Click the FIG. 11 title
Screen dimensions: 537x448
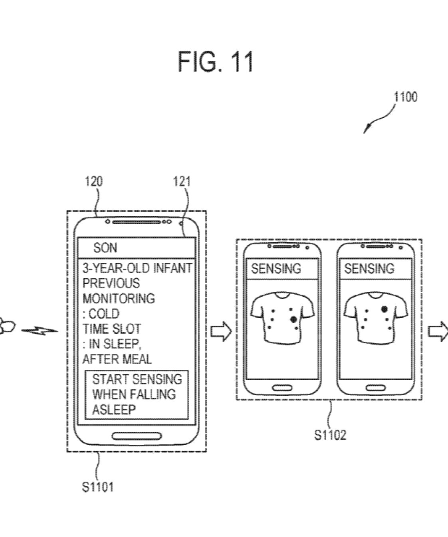216,62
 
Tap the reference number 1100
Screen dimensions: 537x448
405,97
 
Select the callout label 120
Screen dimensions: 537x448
93,182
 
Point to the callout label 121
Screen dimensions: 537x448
182,182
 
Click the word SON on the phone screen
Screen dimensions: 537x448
105,248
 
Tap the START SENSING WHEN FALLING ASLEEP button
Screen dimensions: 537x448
136,394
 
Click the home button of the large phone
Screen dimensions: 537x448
136,436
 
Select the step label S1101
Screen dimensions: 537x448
98,487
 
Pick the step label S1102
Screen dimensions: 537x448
330,435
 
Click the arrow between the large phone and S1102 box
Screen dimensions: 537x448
221,331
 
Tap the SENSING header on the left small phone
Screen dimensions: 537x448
276,269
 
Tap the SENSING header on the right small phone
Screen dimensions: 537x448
369,269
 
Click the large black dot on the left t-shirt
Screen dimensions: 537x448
293,319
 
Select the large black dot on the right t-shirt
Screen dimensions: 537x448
384,309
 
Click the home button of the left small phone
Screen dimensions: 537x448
282,388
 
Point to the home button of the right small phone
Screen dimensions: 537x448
375,388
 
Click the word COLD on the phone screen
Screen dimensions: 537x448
104,313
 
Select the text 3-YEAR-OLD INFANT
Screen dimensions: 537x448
137,268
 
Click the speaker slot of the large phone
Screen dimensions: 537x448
137,222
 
